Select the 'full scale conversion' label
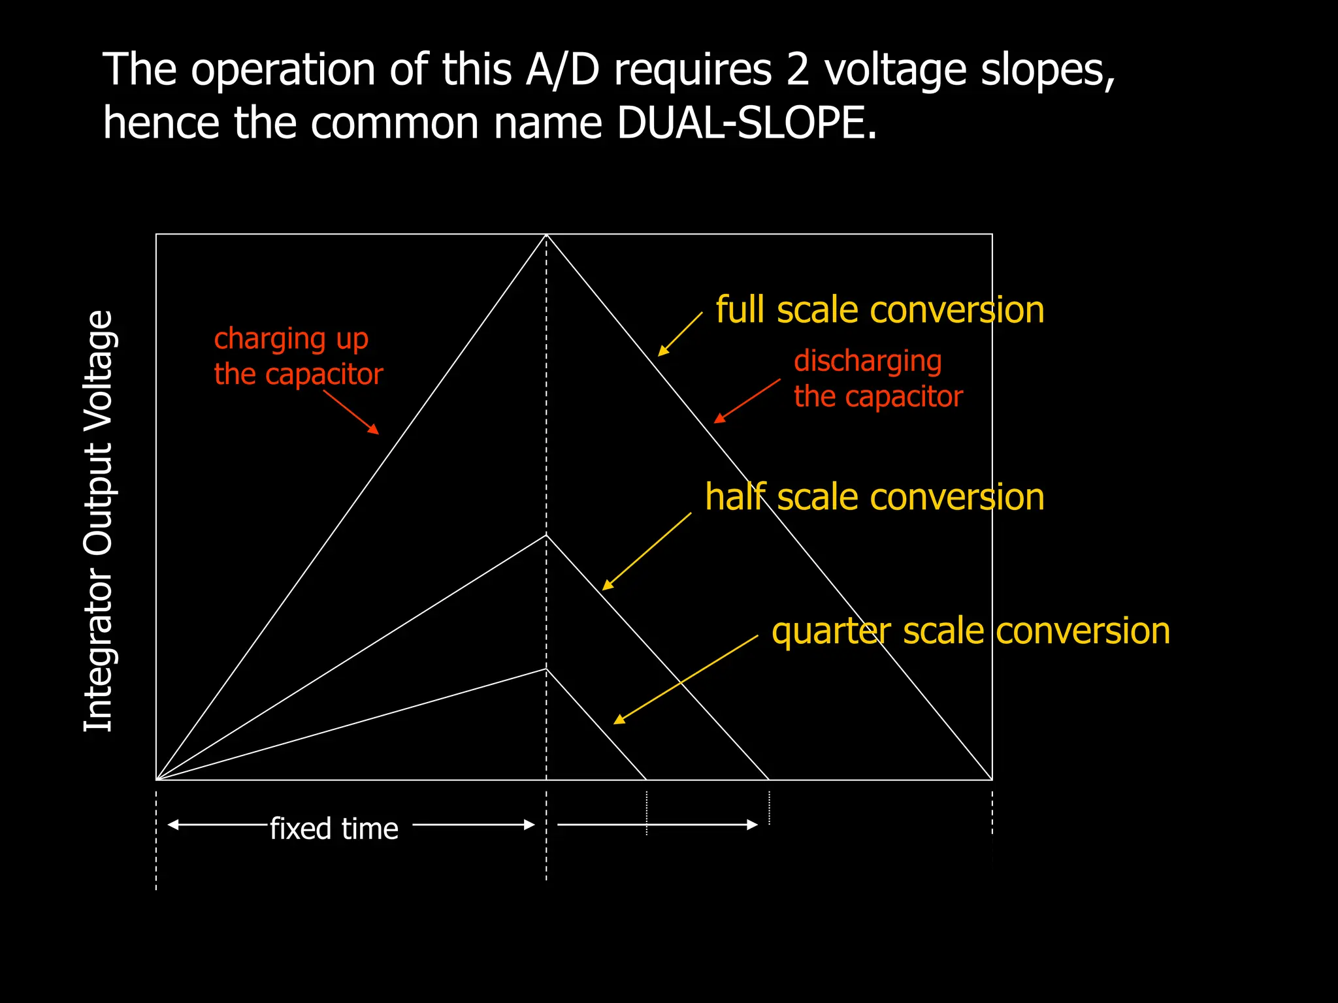(879, 310)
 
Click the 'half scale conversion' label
(874, 497)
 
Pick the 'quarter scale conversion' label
(970, 631)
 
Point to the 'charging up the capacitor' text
(298, 357)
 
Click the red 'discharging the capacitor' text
(877, 379)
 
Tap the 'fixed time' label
(334, 829)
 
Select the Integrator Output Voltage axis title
(99, 520)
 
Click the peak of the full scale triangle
(546, 235)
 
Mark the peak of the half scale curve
(546, 535)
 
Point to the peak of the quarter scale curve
(546, 669)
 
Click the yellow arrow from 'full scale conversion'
(679, 334)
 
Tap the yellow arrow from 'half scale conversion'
(646, 551)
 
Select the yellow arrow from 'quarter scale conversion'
(685, 679)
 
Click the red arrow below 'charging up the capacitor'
(351, 412)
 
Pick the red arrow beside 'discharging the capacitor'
(747, 400)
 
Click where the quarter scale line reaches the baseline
(646, 779)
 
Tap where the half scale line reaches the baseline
(769, 779)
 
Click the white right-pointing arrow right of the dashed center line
(657, 825)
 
